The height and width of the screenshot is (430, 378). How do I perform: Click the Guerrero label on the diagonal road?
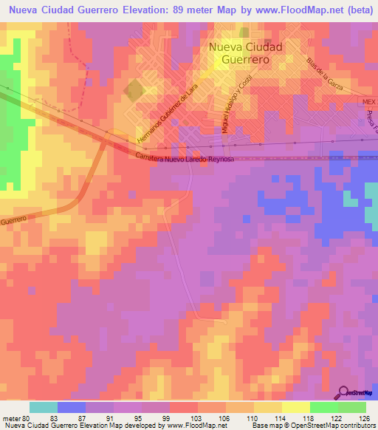[13, 220]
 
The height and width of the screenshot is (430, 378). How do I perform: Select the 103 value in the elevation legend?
[196, 417]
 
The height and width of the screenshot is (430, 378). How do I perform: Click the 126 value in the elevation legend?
[364, 417]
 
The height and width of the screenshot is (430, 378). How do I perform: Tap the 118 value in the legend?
[308, 417]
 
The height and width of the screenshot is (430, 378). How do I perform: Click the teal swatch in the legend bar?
[44, 407]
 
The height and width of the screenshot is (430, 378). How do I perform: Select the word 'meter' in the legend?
[10, 417]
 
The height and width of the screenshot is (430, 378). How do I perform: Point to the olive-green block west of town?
[134, 90]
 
